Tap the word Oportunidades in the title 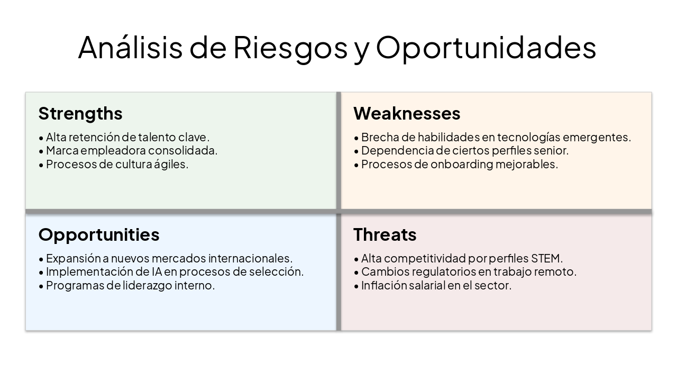point(486,48)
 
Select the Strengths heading point(80,113)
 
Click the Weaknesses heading point(407,113)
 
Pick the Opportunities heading point(98,234)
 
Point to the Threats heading point(385,234)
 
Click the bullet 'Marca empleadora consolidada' point(131,150)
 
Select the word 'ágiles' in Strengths point(171,164)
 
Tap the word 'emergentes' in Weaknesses point(597,137)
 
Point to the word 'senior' point(552,150)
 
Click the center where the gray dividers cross point(338,212)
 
